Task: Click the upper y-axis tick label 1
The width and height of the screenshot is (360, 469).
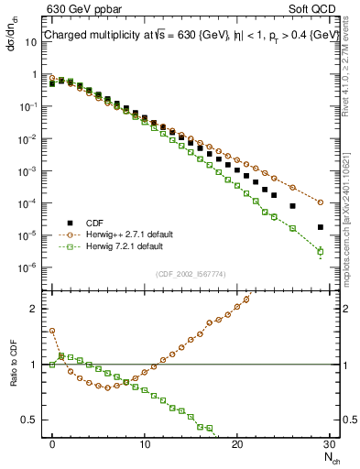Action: click(37, 74)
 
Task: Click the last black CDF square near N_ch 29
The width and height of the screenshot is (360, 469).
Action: click(320, 227)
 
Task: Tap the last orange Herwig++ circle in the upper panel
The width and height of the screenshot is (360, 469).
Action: click(320, 202)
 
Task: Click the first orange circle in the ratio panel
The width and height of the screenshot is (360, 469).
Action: click(52, 331)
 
